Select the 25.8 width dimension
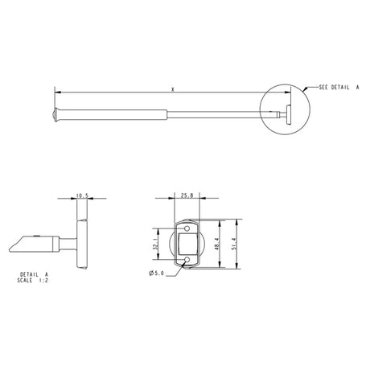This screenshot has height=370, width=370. point(187,195)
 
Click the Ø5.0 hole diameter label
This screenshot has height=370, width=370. point(157,274)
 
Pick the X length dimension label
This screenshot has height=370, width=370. point(173,89)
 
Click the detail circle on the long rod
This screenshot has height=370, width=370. point(282,105)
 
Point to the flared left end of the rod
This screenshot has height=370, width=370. point(57,115)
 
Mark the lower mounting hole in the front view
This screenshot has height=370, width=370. point(187,260)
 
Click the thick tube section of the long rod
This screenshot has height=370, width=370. point(113,114)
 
